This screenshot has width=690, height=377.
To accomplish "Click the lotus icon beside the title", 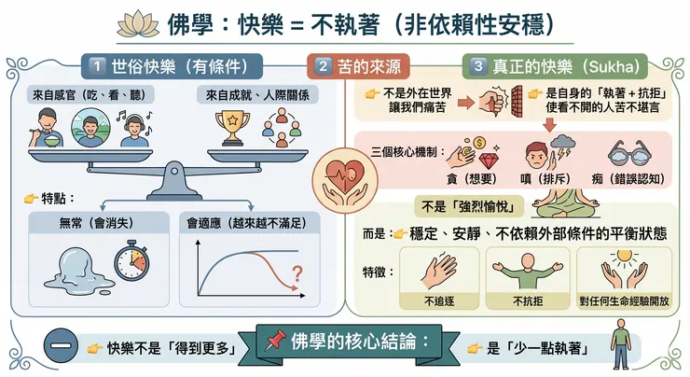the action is (x=131, y=21).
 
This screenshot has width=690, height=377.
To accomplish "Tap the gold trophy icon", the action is (x=231, y=128).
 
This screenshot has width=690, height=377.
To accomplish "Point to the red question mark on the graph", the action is (x=297, y=274).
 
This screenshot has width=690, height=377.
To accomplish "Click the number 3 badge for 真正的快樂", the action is (x=477, y=66).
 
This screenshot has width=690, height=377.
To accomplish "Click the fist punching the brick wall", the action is (x=494, y=103).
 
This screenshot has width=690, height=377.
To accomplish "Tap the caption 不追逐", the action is (x=439, y=300).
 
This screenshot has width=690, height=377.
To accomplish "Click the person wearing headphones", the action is (x=136, y=127).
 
